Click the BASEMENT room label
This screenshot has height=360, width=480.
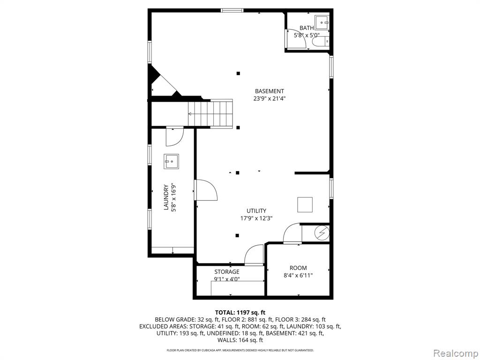click(270, 91)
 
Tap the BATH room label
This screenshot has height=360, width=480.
click(307, 28)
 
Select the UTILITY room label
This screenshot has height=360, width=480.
click(256, 210)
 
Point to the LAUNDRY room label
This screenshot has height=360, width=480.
click(166, 197)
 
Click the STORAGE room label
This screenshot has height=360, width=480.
click(227, 271)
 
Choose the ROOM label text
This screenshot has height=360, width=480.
click(298, 268)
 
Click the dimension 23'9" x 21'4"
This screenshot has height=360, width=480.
click(270, 98)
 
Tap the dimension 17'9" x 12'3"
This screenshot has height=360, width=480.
click(256, 218)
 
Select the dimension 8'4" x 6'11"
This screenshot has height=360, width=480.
click(298, 276)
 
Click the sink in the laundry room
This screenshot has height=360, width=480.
click(171, 161)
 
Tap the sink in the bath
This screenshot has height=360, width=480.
click(322, 22)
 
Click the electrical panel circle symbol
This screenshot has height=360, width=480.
click(322, 233)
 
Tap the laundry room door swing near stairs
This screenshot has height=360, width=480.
click(174, 137)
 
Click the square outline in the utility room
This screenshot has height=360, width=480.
click(305, 204)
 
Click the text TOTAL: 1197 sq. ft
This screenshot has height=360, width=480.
click(240, 313)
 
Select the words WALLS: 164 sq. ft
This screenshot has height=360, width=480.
click(240, 340)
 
